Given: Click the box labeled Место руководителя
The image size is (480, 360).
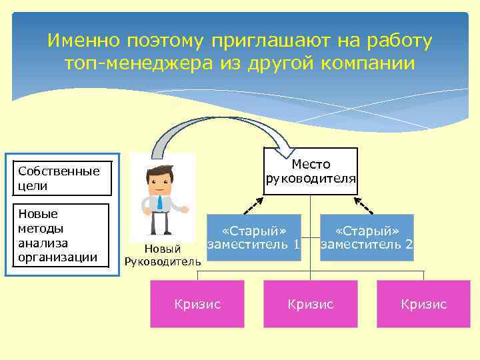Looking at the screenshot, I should [x=310, y=171].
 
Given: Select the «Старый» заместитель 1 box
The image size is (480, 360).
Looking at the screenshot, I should [x=253, y=237].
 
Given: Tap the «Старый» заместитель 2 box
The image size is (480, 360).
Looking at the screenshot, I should [x=367, y=237].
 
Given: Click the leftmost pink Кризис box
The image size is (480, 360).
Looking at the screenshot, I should [x=197, y=304].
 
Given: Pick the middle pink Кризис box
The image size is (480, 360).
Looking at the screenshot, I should [x=310, y=304].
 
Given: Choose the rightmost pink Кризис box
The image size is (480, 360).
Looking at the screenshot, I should [x=423, y=304].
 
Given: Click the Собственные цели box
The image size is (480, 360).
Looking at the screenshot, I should [x=60, y=179].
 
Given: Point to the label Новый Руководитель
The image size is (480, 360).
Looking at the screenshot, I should [x=163, y=255].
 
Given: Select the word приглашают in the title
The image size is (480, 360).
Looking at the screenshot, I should [x=261, y=41].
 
